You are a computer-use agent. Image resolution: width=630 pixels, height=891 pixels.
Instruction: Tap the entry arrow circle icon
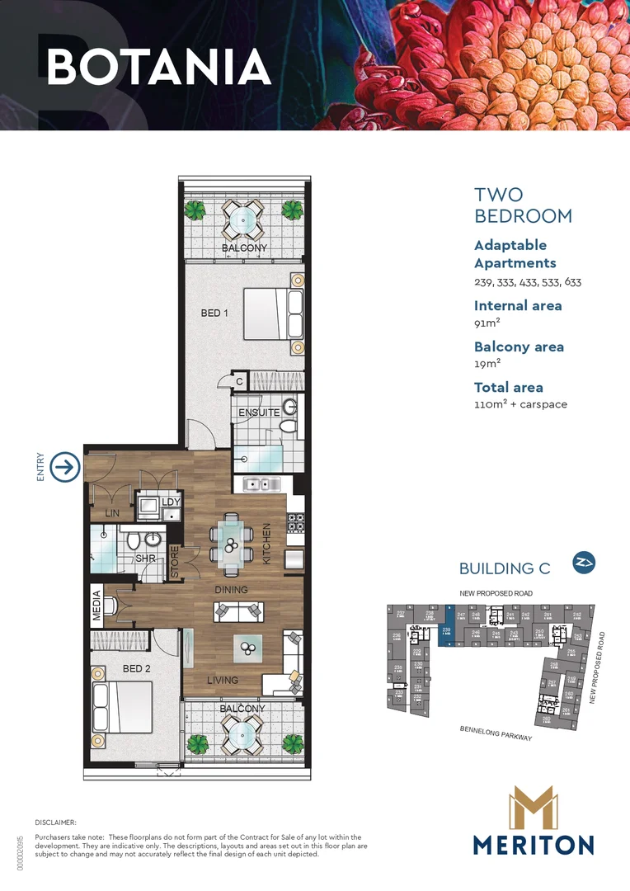click(x=65, y=467)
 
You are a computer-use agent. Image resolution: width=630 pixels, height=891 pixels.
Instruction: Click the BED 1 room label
click(x=214, y=313)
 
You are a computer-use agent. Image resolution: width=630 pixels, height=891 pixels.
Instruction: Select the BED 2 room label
click(x=136, y=668)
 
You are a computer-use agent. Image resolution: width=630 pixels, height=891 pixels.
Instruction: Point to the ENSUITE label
click(x=259, y=412)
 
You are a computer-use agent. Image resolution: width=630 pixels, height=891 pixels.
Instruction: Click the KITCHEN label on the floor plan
click(x=266, y=544)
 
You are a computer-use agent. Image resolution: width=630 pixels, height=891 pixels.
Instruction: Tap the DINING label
click(x=231, y=590)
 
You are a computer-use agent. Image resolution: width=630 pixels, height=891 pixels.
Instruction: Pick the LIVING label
click(x=223, y=681)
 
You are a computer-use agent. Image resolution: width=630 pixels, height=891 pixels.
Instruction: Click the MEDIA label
click(x=97, y=605)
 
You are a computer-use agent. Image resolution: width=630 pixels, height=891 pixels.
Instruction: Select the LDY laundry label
click(x=171, y=502)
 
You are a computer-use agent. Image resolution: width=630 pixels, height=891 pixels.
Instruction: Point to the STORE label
click(x=175, y=563)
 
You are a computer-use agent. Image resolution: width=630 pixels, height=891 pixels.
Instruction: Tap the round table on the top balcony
click(x=242, y=219)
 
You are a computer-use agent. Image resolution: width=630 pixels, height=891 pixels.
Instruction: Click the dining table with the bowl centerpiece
click(x=232, y=544)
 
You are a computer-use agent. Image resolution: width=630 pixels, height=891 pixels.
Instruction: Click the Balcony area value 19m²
click(x=487, y=365)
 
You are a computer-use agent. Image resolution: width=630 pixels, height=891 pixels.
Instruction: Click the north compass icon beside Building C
click(x=583, y=563)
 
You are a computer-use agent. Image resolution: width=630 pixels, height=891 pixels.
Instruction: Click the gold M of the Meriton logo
click(x=533, y=809)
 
